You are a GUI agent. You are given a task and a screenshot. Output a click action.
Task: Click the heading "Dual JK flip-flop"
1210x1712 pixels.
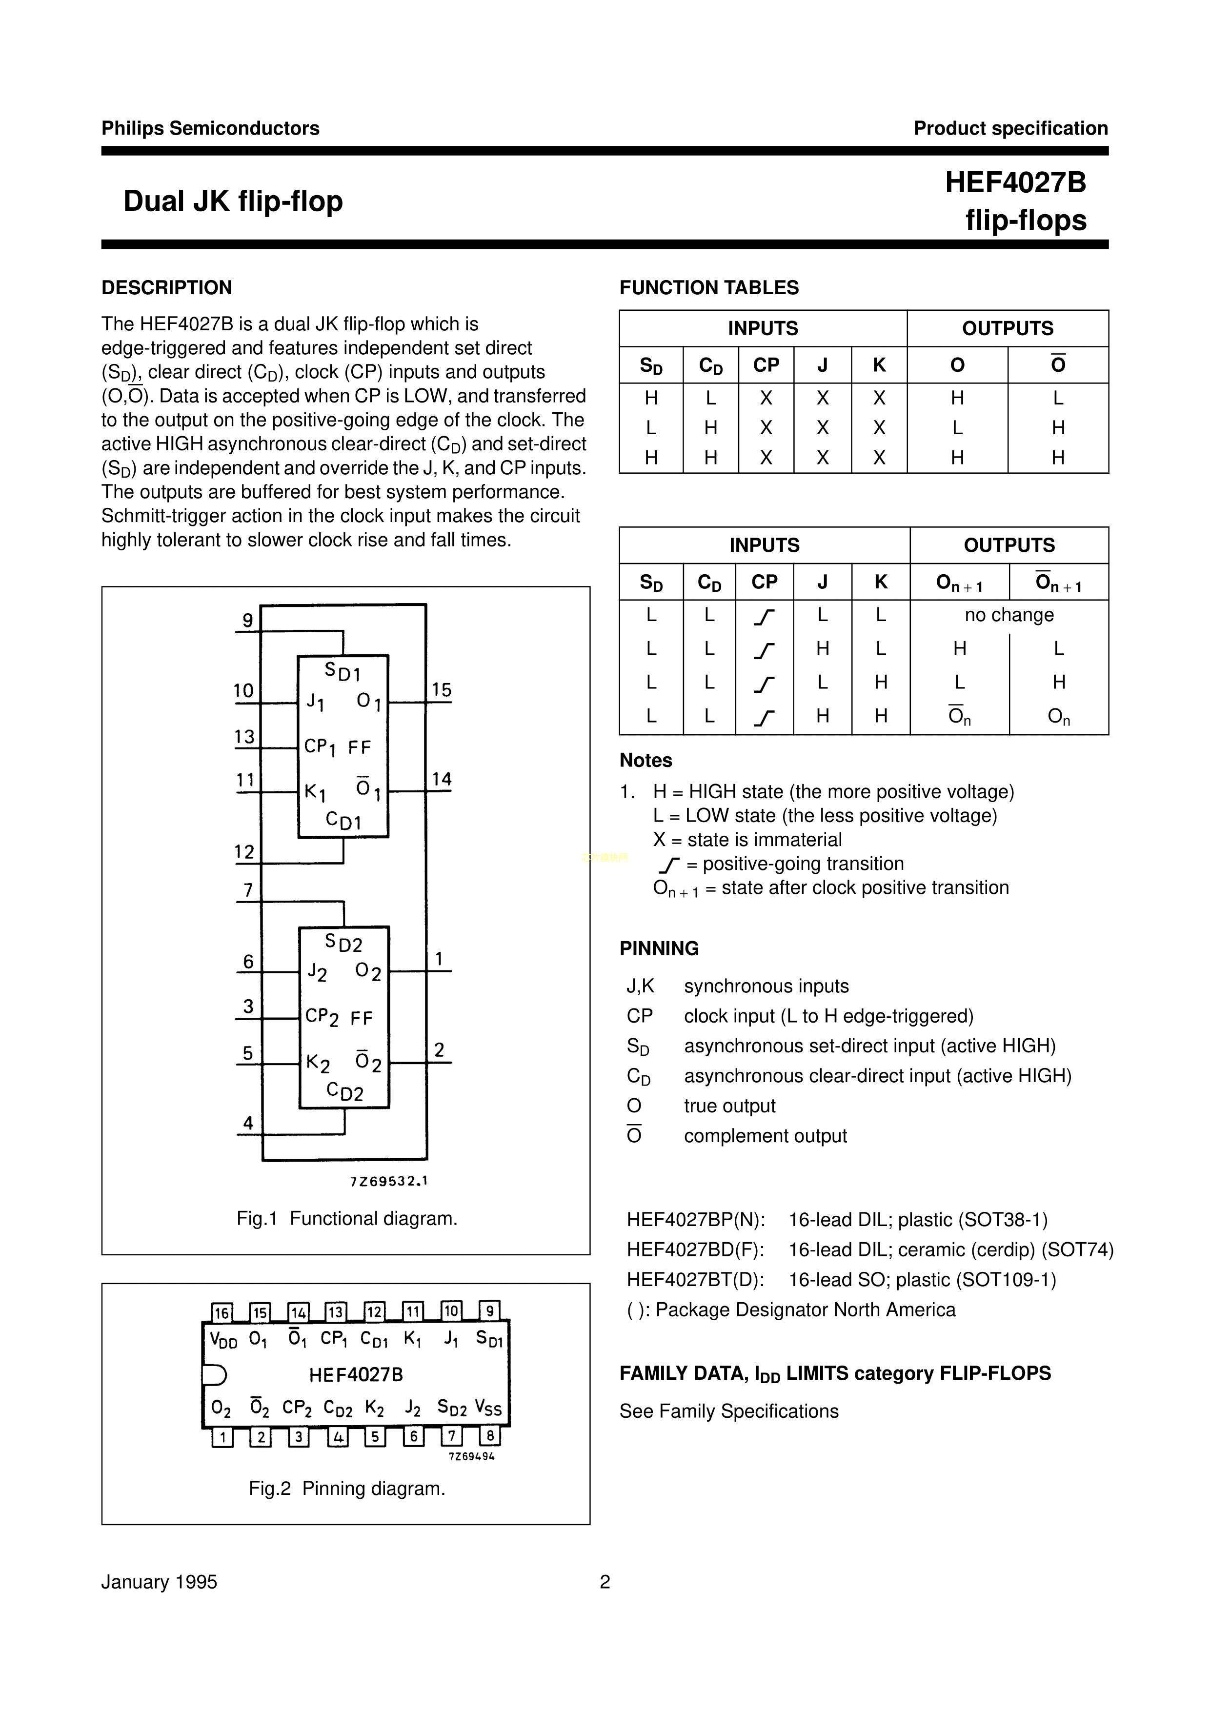pos(233,201)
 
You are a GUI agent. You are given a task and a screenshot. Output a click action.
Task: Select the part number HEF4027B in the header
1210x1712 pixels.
pos(1015,182)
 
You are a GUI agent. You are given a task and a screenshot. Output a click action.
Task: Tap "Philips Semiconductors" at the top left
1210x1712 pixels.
pos(210,128)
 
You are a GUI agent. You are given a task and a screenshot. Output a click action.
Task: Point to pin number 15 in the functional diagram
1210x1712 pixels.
pos(442,690)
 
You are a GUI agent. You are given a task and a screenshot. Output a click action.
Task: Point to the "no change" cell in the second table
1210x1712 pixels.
pos(1008,615)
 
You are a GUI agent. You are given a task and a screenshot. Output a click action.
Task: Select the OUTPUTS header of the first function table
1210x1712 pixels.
pos(1007,328)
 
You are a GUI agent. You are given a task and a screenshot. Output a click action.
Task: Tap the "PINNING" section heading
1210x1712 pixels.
pos(659,948)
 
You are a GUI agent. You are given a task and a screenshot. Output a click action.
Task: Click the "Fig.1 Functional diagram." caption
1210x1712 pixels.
pos(347,1218)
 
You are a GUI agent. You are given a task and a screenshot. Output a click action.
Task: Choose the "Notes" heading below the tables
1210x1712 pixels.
pos(645,761)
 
